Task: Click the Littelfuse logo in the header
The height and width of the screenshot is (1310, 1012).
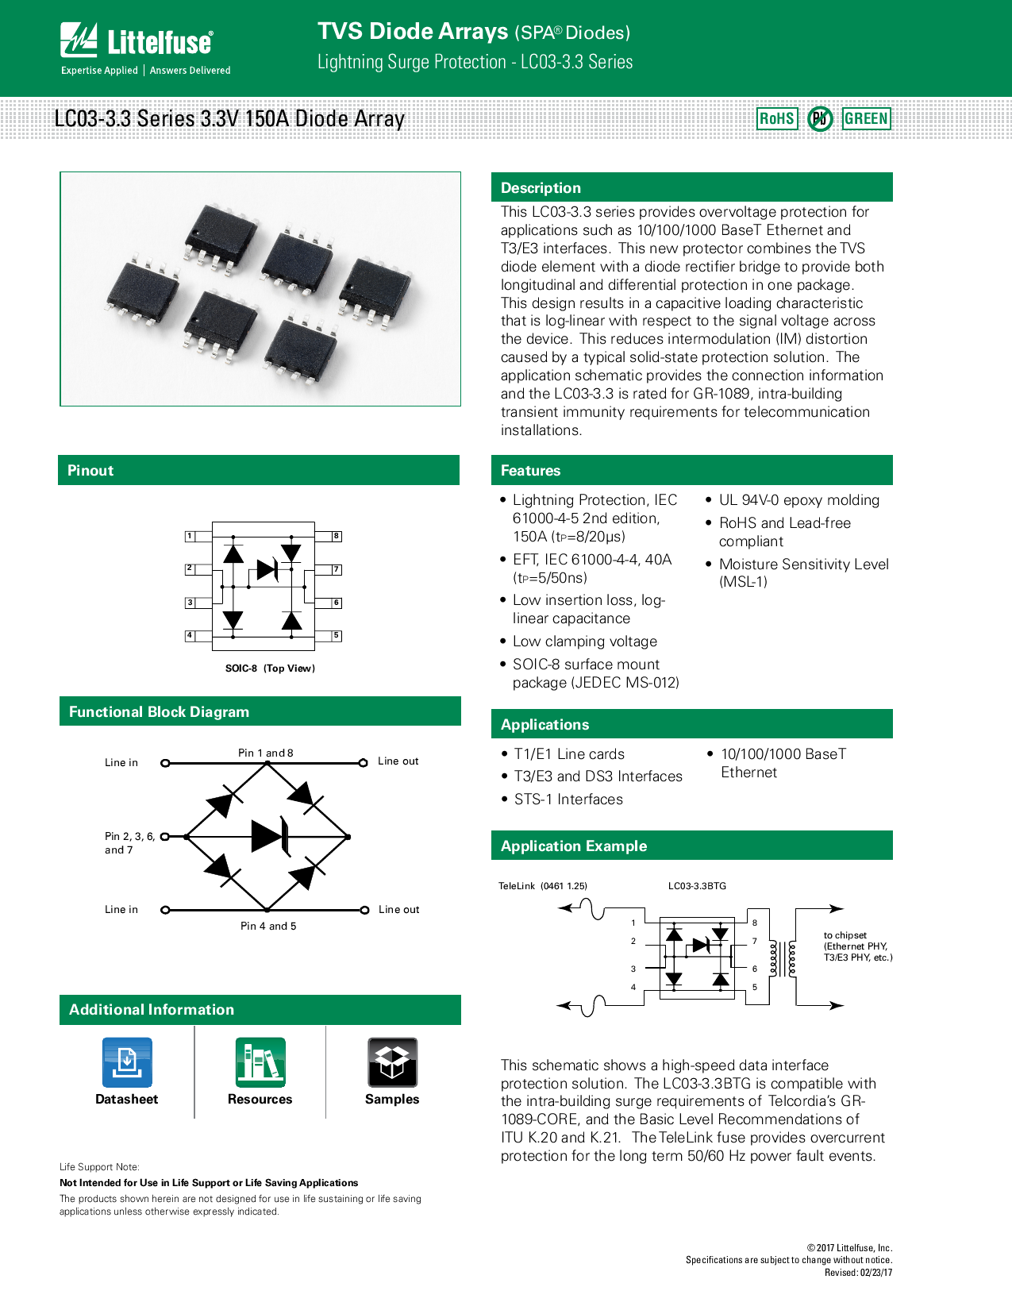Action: click(x=137, y=42)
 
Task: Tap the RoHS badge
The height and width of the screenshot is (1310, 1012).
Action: click(x=776, y=119)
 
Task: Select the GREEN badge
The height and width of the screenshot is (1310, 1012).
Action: click(x=866, y=119)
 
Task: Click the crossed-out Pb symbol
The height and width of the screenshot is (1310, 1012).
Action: click(x=820, y=119)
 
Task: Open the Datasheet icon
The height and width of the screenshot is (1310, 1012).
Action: click(x=127, y=1062)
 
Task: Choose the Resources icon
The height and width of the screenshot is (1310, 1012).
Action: click(x=260, y=1062)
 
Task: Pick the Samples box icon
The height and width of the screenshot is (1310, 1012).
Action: click(x=392, y=1062)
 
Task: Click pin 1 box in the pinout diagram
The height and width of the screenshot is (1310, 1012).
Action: click(x=190, y=537)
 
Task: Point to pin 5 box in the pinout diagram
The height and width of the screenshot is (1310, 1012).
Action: click(x=337, y=635)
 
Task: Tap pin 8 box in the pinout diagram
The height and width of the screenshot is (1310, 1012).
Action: click(x=337, y=537)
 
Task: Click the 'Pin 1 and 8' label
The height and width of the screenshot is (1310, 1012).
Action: click(x=266, y=753)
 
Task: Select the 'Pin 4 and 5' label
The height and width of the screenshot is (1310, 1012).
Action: click(x=268, y=926)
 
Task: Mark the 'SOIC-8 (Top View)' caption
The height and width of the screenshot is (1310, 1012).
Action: click(x=270, y=668)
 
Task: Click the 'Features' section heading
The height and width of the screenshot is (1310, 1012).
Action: click(x=530, y=471)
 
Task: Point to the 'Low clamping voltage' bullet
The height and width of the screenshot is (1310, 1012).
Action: click(x=585, y=642)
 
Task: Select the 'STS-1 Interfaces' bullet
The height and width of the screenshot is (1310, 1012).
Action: click(x=568, y=799)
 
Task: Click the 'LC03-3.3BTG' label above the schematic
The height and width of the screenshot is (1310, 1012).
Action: click(x=697, y=886)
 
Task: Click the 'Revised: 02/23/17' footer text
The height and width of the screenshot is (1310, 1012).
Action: click(x=858, y=1273)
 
